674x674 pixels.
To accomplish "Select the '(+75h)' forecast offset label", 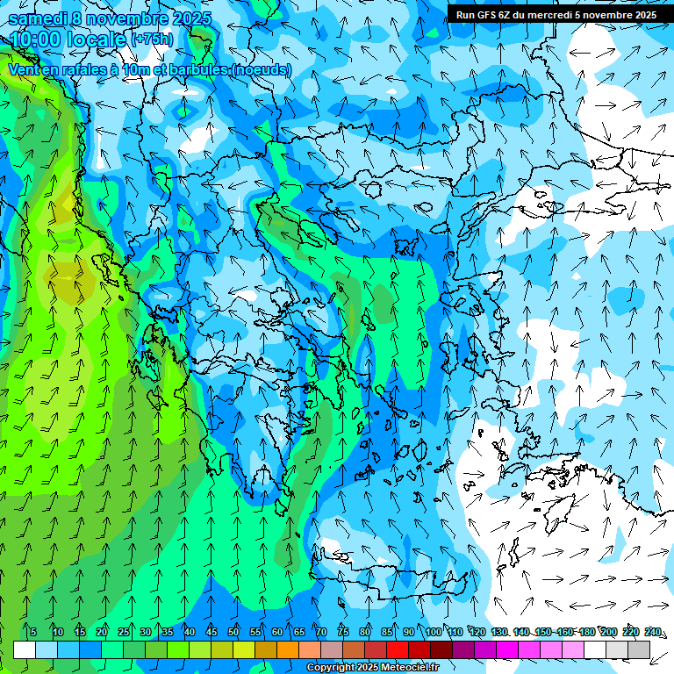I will (151, 39).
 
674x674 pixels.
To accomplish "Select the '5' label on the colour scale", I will (32, 632).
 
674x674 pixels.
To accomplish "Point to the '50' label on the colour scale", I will (233, 632).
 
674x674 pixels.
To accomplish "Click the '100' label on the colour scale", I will (433, 632).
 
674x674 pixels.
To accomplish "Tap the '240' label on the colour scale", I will (652, 632).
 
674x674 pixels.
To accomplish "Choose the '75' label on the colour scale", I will (342, 632).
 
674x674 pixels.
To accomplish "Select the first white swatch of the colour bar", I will (25, 649).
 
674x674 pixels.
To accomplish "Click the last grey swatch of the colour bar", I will (639, 649).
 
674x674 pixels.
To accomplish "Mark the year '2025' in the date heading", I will (169, 18).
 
